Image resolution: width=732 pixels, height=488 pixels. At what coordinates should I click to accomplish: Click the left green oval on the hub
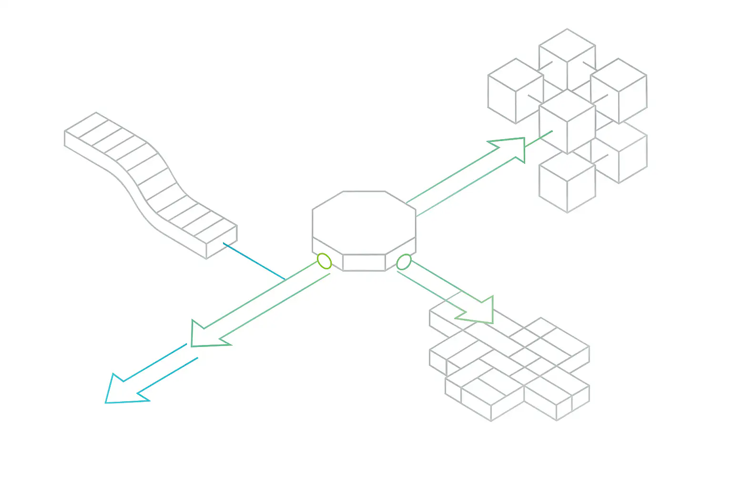point(324,261)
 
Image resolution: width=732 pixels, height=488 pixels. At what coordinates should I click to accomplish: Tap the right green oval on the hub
point(404,262)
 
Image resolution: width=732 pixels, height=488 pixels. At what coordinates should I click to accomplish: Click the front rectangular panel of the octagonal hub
point(364,262)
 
